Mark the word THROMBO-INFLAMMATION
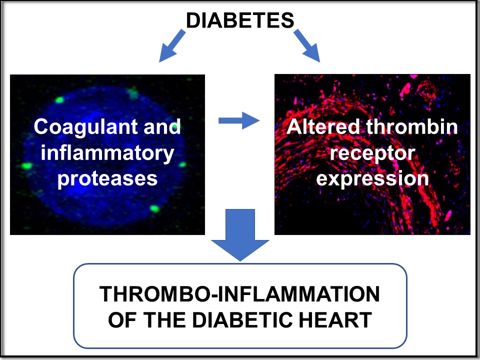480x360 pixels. (239, 294)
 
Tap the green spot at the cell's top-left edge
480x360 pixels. (59, 100)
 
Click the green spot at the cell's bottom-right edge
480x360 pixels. (154, 209)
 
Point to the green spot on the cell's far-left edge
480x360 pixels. (26, 165)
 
